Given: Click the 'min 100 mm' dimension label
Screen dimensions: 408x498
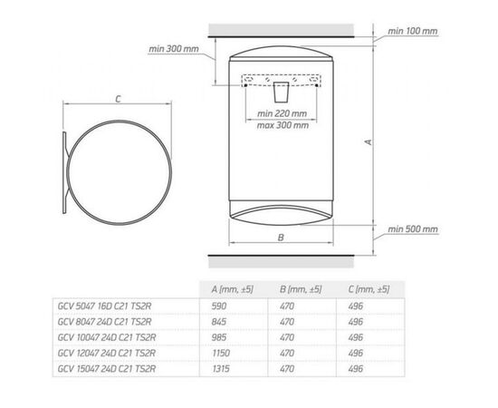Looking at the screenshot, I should tap(412, 31).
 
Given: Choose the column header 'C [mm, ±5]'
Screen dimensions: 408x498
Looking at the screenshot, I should tap(369, 289).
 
